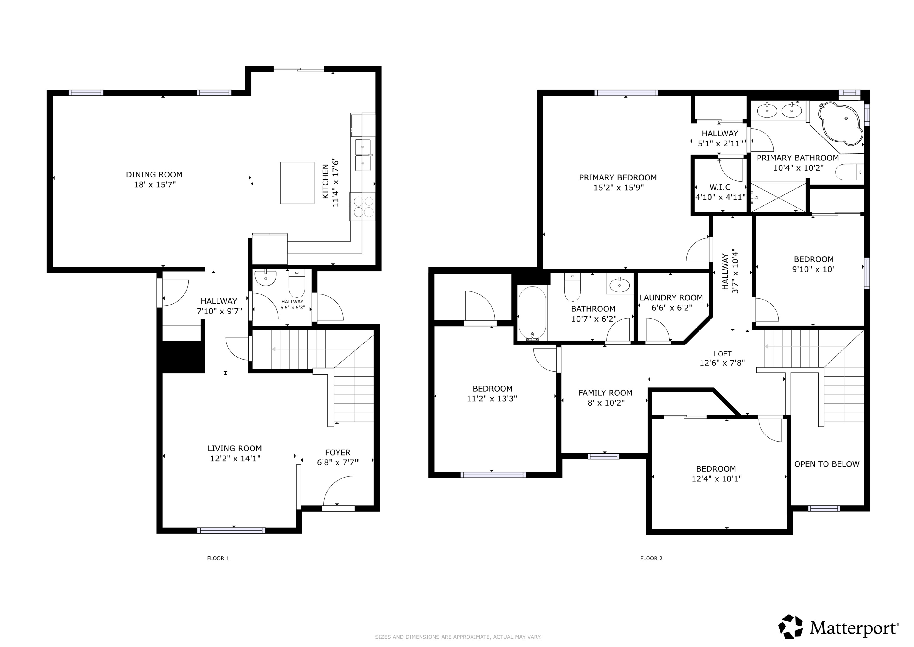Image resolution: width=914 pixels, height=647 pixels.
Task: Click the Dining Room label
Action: pos(154,174)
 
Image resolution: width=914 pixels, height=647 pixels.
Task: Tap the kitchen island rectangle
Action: pos(297,183)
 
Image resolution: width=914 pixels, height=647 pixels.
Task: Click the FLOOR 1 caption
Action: pos(218,558)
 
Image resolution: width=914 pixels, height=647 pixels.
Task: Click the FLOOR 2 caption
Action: pos(651,558)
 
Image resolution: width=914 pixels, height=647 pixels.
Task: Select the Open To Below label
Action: pos(827,464)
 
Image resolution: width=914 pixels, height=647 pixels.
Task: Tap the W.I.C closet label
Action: pos(720,187)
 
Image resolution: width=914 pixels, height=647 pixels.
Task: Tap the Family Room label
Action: pos(605,393)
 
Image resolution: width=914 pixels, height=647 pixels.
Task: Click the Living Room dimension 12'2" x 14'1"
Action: pos(235,459)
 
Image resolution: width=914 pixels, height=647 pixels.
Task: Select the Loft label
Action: pos(722,354)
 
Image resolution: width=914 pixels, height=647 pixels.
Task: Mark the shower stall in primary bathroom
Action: pos(778,197)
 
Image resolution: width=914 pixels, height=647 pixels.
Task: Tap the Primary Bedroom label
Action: pos(618,178)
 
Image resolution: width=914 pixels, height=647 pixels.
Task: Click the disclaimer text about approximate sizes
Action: pos(458,637)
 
